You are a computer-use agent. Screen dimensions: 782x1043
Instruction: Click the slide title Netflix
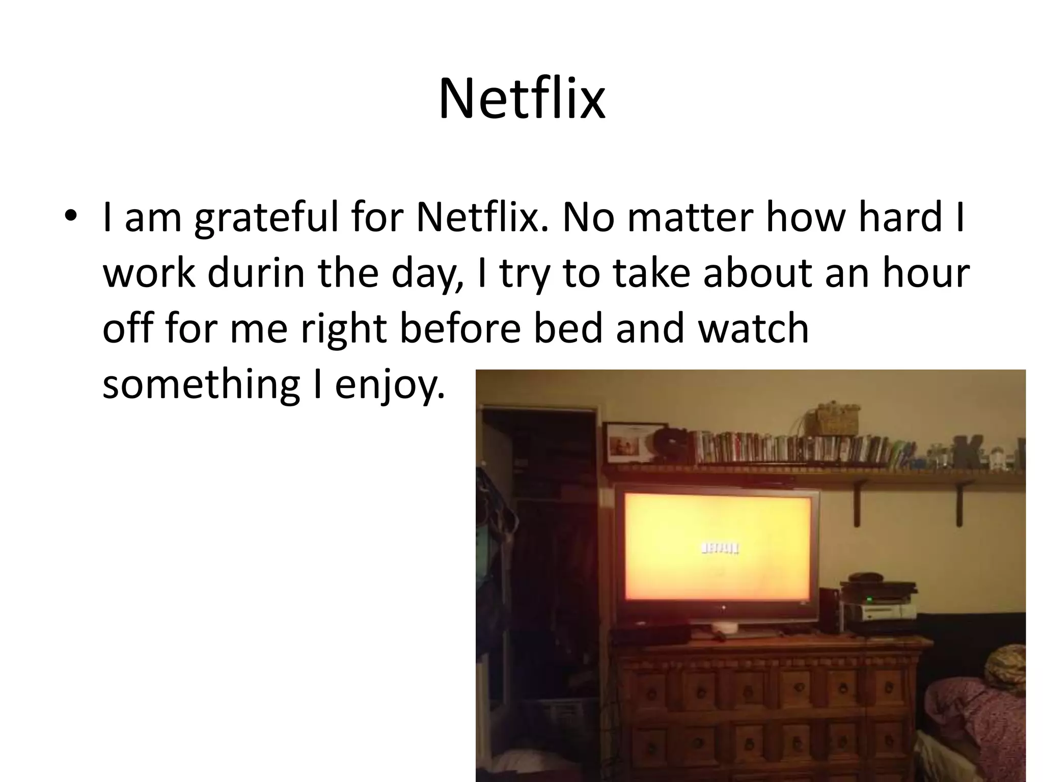pos(521,99)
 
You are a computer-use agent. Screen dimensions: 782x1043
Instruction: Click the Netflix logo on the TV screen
pos(720,548)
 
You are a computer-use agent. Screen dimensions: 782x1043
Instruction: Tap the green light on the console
pos(869,599)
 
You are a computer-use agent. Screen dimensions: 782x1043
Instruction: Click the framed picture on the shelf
pos(627,443)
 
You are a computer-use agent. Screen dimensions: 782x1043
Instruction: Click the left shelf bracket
pos(857,504)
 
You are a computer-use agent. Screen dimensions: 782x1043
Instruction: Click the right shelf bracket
pos(959,504)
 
